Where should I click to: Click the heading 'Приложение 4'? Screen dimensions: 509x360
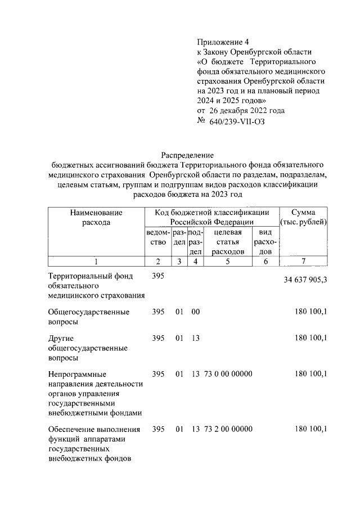pos(222,42)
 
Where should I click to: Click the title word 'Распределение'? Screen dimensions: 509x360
pos(188,155)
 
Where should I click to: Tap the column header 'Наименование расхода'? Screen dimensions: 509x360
pos(96,218)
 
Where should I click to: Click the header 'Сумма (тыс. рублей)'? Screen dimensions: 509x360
pos(303,218)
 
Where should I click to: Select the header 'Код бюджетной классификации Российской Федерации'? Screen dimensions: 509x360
pos(212,218)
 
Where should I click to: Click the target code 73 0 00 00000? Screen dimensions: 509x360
pos(228,373)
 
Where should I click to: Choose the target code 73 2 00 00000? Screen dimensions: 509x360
pos(228,429)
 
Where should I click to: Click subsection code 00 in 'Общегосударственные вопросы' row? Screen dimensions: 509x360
pos(195,312)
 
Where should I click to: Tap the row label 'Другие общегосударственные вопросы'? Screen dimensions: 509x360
pos(87,347)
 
